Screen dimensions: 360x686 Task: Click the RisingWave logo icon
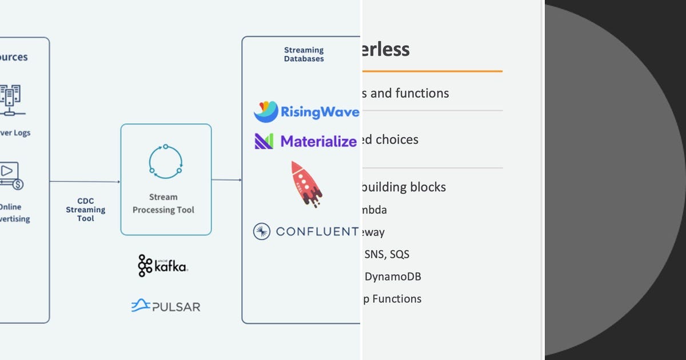[x=266, y=112]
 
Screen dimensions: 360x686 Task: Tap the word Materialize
[x=318, y=141]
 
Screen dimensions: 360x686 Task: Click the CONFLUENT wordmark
[x=317, y=231]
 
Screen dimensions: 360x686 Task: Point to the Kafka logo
[x=162, y=266]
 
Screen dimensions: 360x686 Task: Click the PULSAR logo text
[x=176, y=307]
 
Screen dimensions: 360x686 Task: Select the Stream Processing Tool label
[x=163, y=203]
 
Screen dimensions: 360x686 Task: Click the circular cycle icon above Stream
[x=165, y=160]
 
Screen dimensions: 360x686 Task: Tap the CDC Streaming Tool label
[x=85, y=210]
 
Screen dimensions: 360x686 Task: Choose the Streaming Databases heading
[x=304, y=54]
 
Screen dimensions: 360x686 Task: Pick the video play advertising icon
[x=10, y=174]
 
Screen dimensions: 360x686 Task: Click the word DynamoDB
[x=393, y=277]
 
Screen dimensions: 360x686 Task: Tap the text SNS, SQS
[x=386, y=254]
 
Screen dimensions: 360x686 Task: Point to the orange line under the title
[x=432, y=71]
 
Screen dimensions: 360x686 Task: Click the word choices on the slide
[x=397, y=139]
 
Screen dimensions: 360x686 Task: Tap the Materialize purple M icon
[x=264, y=141]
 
